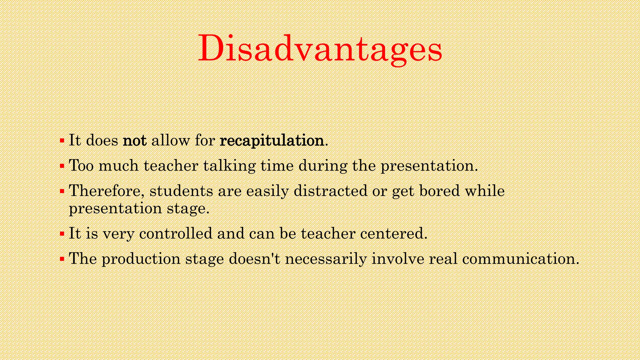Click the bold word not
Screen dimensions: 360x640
(135, 140)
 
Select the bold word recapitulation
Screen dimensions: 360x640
(272, 140)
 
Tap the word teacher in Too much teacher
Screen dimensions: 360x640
(171, 165)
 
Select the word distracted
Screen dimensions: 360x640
(330, 191)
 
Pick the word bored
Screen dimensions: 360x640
(439, 191)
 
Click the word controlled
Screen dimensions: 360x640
(176, 233)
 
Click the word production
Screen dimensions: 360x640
(141, 259)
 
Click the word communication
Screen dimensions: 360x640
(520, 259)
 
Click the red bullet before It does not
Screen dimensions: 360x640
(62, 140)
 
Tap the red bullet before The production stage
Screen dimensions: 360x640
(62, 259)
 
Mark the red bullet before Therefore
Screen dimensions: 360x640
(62, 191)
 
